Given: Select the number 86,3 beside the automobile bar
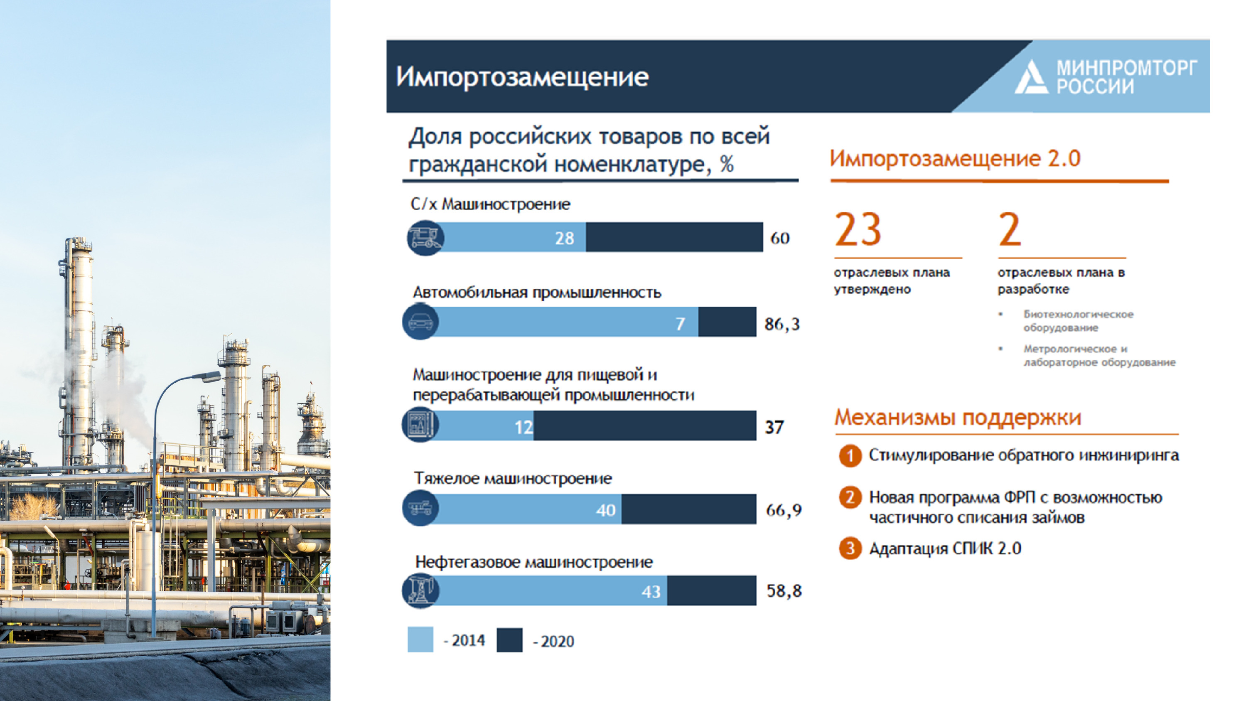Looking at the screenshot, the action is [x=782, y=324].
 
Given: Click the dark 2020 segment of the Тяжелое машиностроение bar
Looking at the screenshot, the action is [x=689, y=509].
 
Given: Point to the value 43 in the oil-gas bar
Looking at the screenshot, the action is [x=651, y=591].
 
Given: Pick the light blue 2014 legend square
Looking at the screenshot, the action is [x=420, y=640].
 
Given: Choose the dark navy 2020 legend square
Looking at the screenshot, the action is [x=509, y=640].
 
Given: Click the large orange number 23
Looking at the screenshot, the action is [x=858, y=229].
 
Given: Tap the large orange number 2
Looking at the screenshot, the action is [x=1010, y=229].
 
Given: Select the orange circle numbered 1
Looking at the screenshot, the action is [x=850, y=456].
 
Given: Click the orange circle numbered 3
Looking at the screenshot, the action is [x=850, y=549].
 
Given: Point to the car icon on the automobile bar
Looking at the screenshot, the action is [x=420, y=322].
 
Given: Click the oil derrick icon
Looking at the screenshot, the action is [x=420, y=590].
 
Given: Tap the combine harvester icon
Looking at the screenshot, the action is [x=425, y=238].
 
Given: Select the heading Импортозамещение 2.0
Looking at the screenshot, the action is [x=955, y=158].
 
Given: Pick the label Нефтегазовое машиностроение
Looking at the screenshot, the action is [x=534, y=562].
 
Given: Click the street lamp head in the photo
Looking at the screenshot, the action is [x=207, y=376].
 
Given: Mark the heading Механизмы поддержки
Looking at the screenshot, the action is [x=958, y=417].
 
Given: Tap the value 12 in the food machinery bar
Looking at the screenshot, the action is [x=523, y=427].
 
